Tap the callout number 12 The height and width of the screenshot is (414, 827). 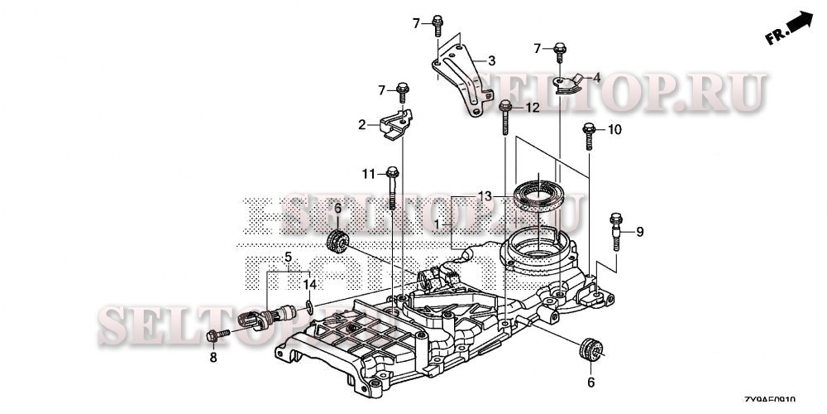[531, 108]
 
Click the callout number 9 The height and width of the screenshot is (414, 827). [638, 232]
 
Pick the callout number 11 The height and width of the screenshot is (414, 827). [368, 173]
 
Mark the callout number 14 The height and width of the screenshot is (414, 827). [309, 285]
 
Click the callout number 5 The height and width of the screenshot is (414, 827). [289, 257]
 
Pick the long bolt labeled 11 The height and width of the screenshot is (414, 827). [393, 189]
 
